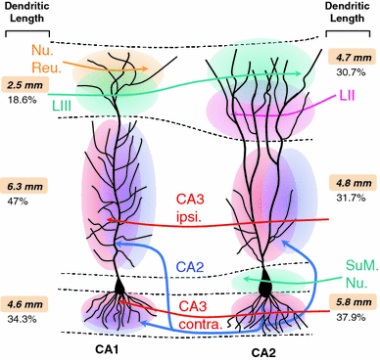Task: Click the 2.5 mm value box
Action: point(25,85)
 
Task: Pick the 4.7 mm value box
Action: point(354,58)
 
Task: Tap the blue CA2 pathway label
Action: point(189,267)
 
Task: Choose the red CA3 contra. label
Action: point(185,292)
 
